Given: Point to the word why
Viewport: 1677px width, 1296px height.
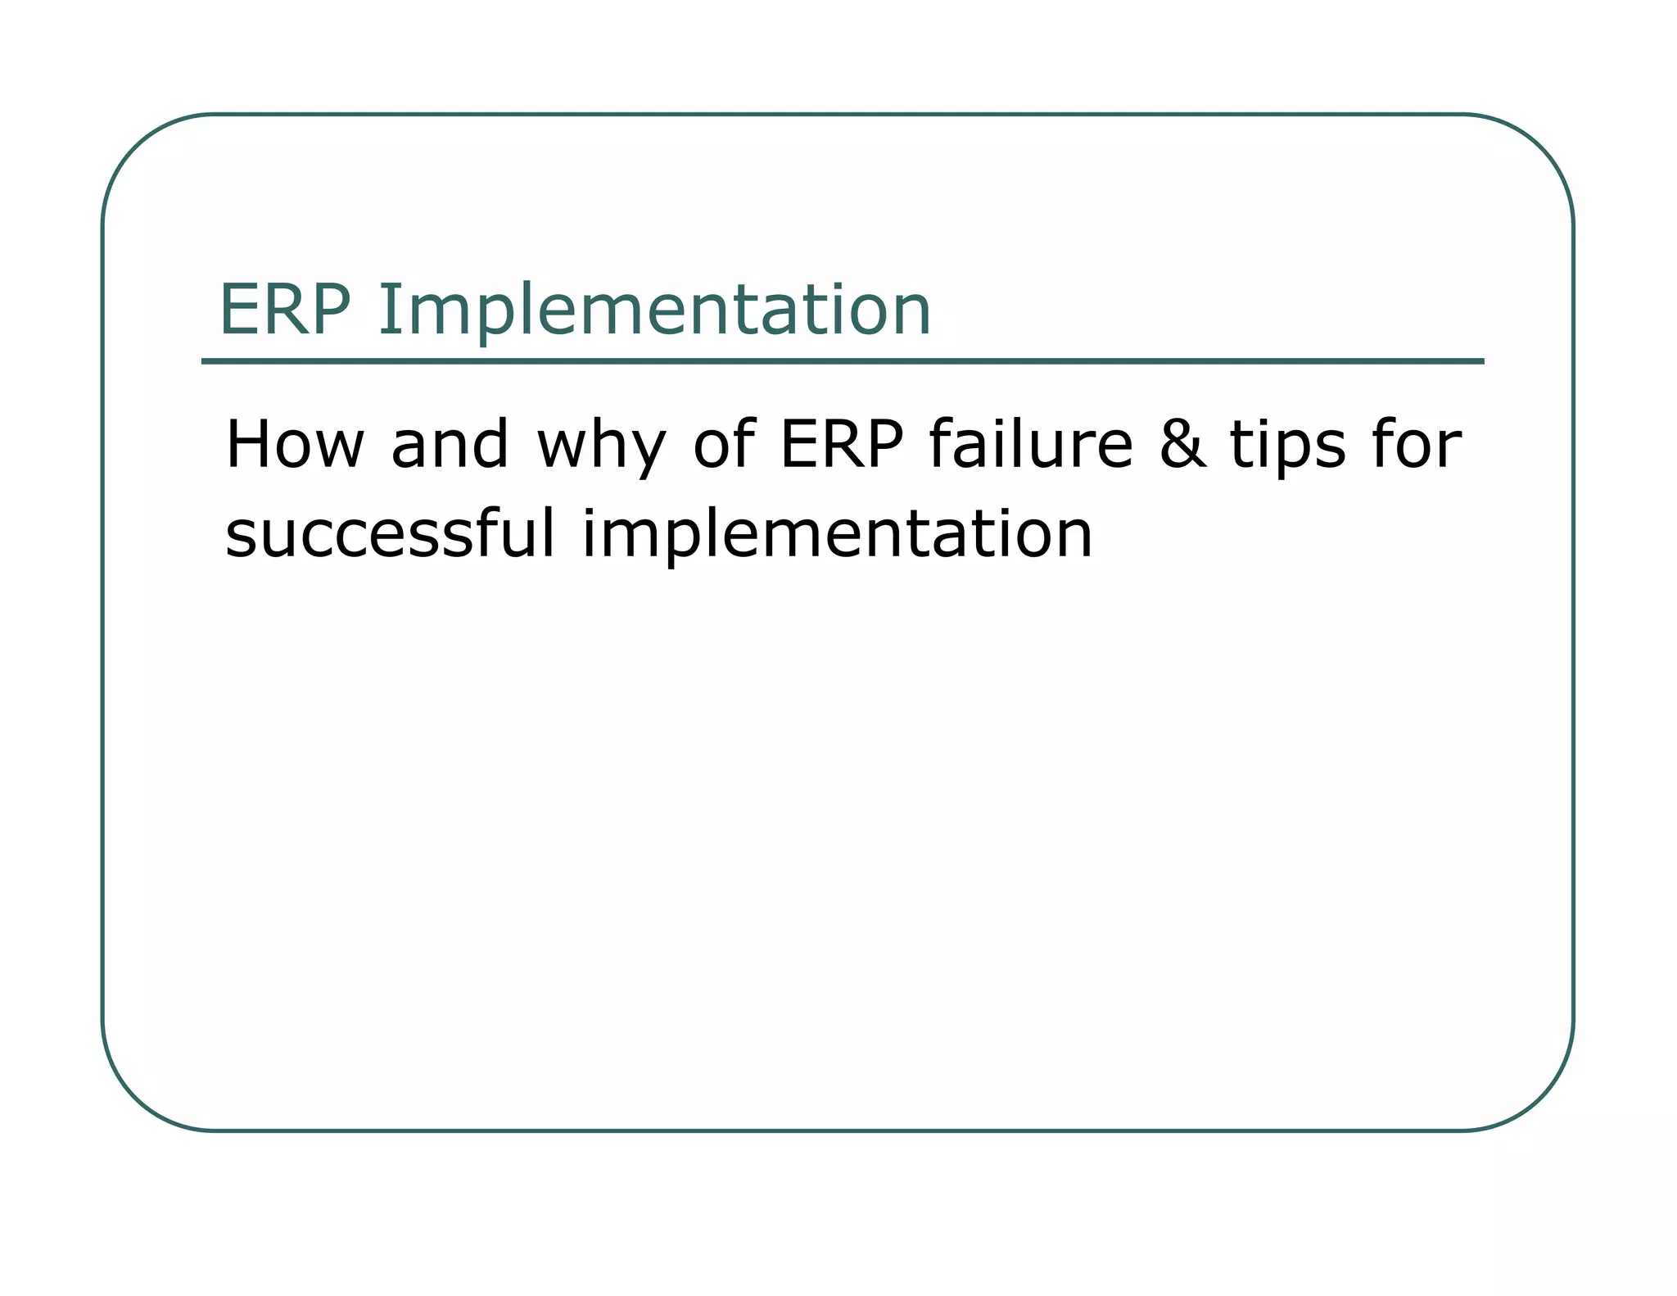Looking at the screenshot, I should click(601, 449).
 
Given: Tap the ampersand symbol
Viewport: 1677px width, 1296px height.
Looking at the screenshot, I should click(1182, 445).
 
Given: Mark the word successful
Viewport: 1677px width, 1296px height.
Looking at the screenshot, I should click(390, 533).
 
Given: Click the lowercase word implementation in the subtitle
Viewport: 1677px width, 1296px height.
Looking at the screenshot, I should click(837, 537).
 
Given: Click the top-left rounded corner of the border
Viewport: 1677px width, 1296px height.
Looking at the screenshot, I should click(135, 147).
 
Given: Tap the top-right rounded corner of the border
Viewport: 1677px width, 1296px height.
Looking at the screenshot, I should click(1540, 147).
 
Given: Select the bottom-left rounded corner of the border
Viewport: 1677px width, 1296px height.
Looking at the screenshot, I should click(135, 1099).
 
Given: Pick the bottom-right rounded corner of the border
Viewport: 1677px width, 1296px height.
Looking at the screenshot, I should click(1540, 1099).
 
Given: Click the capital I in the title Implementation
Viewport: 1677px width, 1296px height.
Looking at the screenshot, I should click(386, 310).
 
